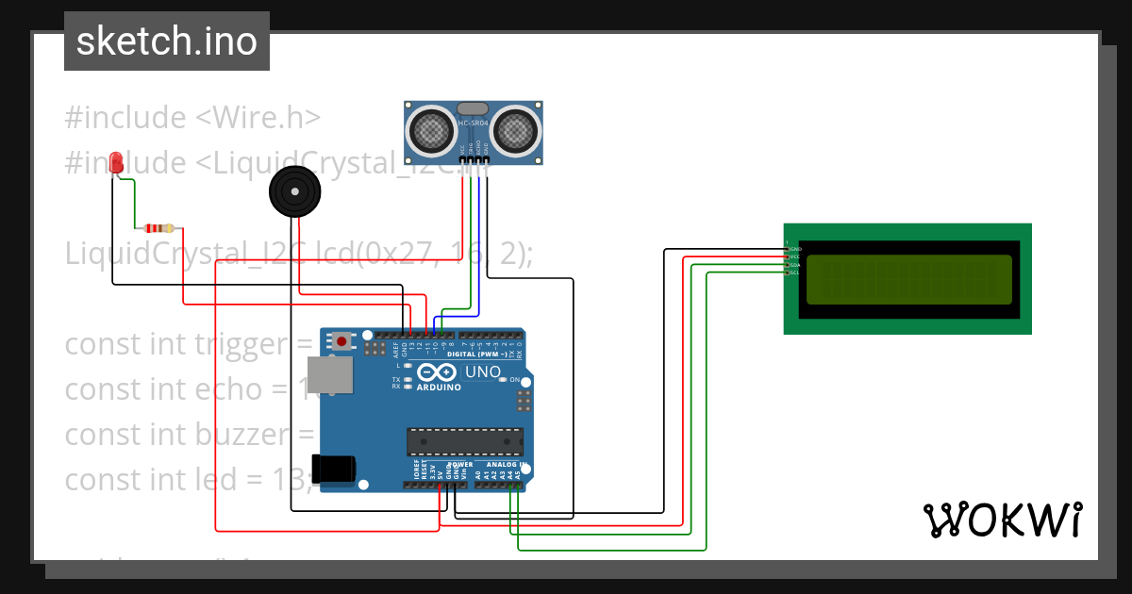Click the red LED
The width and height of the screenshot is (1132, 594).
117,162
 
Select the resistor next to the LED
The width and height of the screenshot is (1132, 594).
158,227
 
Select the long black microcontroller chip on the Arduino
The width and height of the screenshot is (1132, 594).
464,441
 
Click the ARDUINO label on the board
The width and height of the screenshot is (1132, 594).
438,388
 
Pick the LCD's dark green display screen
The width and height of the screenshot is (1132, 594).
909,278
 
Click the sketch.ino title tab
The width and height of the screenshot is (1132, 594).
166,41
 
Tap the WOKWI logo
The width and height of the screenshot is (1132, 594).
1002,520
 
